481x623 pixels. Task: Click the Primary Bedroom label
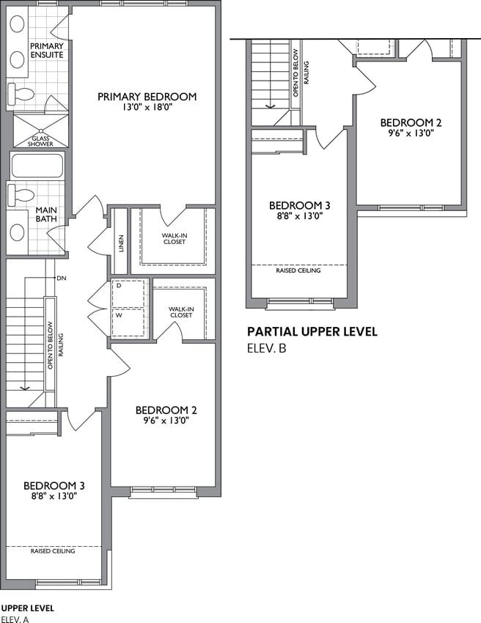coord(147,97)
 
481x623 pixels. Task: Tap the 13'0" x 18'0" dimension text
coord(147,107)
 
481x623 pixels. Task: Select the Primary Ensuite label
coord(47,51)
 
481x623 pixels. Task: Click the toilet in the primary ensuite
coord(21,94)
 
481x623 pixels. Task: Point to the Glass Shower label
coord(40,141)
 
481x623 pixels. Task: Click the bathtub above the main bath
coord(37,166)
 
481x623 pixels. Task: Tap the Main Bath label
coord(46,214)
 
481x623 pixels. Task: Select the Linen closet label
coord(121,243)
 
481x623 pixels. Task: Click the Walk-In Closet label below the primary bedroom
coord(174,238)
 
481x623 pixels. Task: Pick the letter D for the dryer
coord(119,286)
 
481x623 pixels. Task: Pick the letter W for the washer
coord(119,315)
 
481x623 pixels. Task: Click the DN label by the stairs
coord(61,278)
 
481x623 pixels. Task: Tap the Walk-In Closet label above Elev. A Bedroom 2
coord(181,312)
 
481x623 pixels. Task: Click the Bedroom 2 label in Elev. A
coord(166,410)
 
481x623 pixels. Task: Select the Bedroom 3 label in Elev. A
coord(54,485)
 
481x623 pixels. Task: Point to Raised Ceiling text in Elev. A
coord(53,551)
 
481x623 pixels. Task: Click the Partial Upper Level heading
coord(312,331)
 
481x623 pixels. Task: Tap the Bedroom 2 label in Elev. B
coord(411,123)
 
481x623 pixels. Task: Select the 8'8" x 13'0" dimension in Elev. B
coord(300,216)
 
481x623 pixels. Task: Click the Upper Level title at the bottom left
coord(28,608)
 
